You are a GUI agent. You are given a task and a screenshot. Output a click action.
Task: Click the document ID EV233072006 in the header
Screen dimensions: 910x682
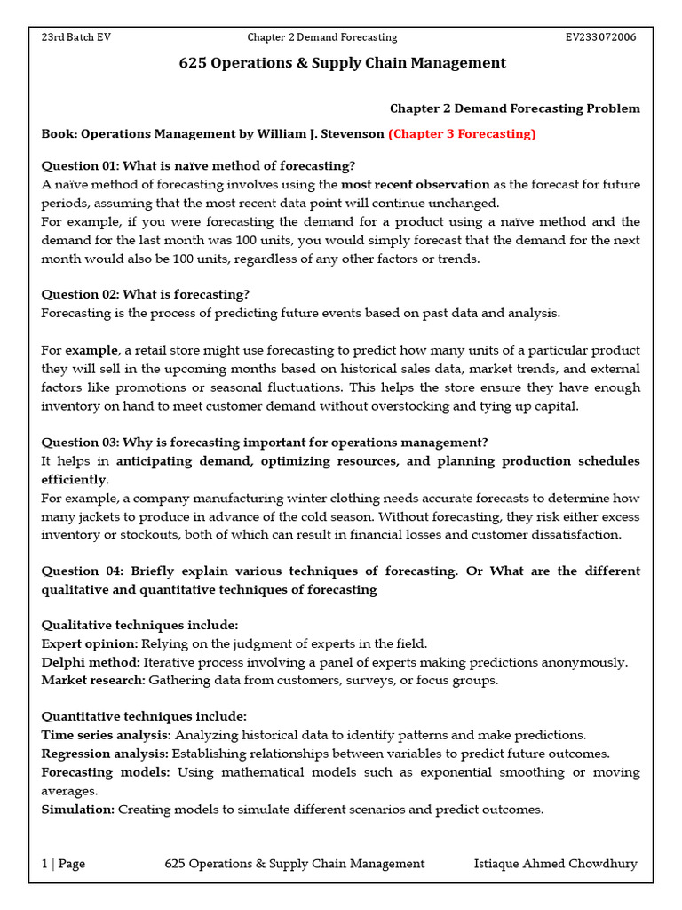[x=600, y=37]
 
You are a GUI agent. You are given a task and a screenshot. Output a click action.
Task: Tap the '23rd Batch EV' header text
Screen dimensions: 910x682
[x=76, y=37]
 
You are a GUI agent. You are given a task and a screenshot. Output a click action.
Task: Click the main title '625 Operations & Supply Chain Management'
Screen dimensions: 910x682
[x=343, y=63]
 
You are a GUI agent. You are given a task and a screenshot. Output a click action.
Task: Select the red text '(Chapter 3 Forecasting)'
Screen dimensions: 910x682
[x=462, y=134]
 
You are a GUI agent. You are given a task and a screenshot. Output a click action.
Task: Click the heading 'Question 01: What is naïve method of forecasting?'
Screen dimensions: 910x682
[x=198, y=166]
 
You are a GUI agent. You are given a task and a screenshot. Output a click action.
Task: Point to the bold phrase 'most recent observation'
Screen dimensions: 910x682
[x=415, y=185]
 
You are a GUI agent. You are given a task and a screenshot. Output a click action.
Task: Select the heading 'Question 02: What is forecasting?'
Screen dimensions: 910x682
[x=146, y=295]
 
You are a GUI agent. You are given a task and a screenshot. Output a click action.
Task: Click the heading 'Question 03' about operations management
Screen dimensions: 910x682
[x=265, y=443]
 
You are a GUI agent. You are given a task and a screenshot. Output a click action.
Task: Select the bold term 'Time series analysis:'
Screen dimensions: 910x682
[x=107, y=736]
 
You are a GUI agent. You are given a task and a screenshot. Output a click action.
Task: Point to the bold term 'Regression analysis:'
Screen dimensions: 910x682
[x=106, y=754]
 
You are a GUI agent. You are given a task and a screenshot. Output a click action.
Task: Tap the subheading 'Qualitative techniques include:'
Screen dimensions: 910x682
[x=139, y=626]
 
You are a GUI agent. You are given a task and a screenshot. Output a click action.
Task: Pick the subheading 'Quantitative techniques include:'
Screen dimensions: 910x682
[x=144, y=717]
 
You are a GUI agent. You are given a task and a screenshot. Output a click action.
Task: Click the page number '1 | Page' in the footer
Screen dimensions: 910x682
[x=63, y=864]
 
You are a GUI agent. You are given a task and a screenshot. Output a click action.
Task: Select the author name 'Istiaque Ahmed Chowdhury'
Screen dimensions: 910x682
[x=556, y=864]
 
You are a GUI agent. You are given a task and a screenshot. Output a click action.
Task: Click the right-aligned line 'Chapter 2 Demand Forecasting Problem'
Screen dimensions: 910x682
[x=514, y=108]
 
